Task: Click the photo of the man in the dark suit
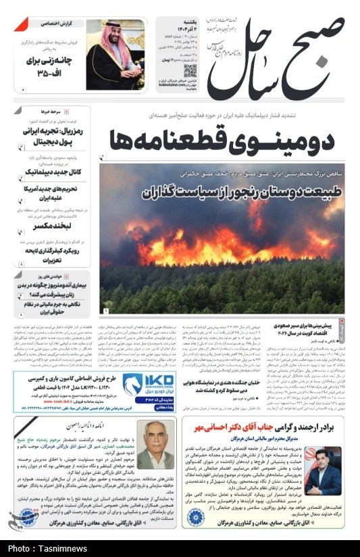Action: (322, 470)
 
